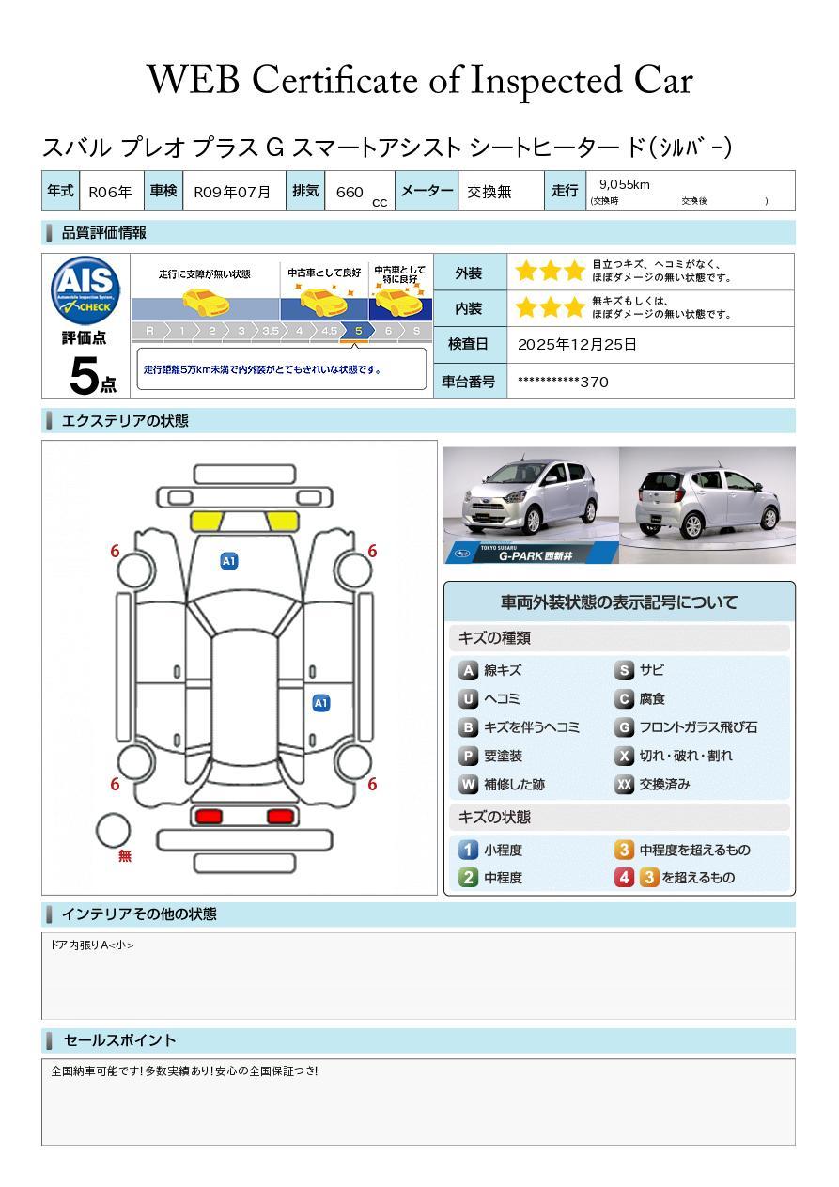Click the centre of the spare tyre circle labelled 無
(113, 831)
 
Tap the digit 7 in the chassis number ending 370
(595, 383)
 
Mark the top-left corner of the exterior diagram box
(42, 441)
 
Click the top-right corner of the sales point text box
(795, 1059)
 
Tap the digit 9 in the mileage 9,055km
(603, 184)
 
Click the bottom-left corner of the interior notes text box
(42, 1019)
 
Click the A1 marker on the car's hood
(229, 561)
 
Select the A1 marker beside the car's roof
(321, 703)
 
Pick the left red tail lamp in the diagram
(209, 817)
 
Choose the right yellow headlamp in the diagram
(283, 522)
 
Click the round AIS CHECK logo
(85, 290)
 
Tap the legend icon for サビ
(624, 670)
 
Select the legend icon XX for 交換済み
(624, 784)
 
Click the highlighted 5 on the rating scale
(358, 331)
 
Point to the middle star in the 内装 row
(551, 307)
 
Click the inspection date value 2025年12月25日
(577, 345)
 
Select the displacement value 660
(350, 192)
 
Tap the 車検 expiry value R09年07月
(231, 192)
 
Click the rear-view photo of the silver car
(707, 505)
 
